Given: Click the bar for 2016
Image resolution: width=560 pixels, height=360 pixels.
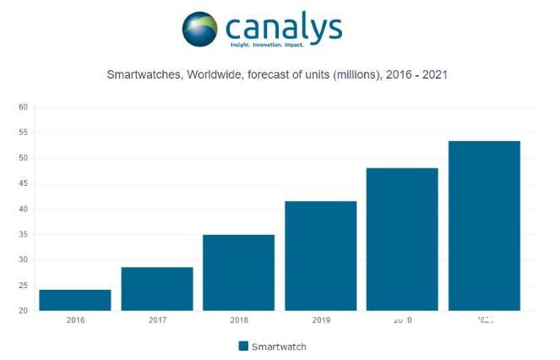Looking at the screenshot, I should coord(74,300).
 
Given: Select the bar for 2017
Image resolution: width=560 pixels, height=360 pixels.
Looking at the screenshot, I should coord(156,289).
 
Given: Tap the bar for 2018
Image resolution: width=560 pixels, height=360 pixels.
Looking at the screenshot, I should coord(238,272).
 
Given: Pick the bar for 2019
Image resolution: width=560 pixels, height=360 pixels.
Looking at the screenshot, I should coord(320,255).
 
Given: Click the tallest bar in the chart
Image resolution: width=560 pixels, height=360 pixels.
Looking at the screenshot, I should coord(484,226).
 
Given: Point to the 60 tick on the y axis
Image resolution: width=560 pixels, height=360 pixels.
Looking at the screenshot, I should coord(23,107).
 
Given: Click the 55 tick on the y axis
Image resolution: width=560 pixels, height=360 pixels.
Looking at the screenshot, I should coord(23,133).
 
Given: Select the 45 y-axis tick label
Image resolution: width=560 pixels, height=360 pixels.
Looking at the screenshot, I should coord(23,184).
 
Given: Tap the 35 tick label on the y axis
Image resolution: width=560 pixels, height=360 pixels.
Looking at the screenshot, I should coord(23,235).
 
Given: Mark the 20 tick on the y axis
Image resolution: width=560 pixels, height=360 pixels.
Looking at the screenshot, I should coord(23,311).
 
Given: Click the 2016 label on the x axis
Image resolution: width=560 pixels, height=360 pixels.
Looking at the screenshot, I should coord(74,321).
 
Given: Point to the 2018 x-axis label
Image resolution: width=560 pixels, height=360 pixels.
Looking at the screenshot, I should coord(238,321).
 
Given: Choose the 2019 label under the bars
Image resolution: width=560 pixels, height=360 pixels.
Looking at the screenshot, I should coord(320,321).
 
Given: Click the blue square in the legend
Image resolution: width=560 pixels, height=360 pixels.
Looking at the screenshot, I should coord(243,346).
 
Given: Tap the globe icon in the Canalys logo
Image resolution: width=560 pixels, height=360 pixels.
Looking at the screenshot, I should coord(199,29).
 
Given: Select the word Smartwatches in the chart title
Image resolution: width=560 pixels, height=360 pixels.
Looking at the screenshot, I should coord(139,75).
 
